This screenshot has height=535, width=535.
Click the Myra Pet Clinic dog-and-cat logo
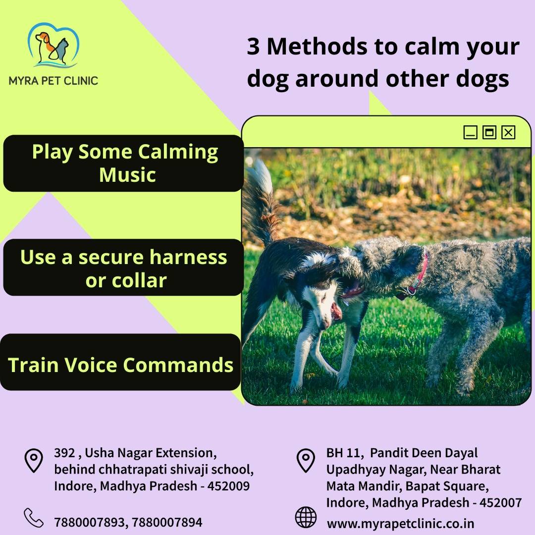coord(53,45)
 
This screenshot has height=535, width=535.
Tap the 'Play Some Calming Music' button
coord(123,163)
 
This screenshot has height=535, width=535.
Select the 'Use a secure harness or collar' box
coord(123,267)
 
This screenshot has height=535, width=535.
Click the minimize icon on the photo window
coord(470,132)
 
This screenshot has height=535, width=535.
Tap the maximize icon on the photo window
coord(489,132)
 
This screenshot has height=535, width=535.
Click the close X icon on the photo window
coord(508,132)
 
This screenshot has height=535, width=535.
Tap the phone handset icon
coord(34,518)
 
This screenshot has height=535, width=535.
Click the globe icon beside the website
coord(305,517)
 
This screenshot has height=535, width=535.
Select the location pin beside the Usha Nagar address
coord(34,461)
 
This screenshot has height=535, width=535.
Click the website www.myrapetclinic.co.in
coord(401,524)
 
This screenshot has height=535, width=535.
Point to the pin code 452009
coord(228,486)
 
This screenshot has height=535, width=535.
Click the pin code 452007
coord(500,503)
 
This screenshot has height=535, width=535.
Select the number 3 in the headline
coord(253,46)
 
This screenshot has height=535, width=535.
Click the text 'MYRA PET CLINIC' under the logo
coord(53,81)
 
